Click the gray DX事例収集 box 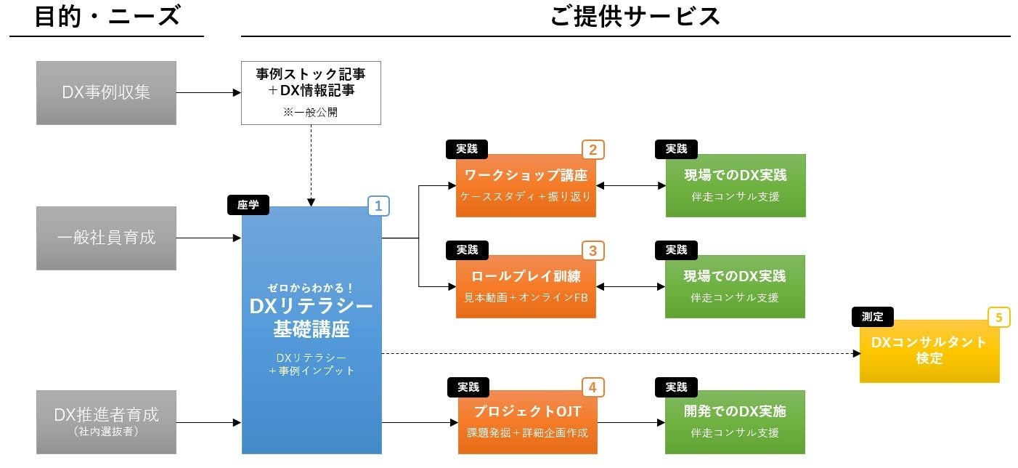106,93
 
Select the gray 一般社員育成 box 106,238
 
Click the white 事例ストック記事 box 311,92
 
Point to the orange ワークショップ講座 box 526,185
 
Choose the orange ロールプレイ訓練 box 526,286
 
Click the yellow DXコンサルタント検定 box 929,350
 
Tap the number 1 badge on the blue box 378,206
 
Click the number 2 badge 593,150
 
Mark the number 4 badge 593,387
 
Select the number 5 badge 999,318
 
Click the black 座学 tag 248,206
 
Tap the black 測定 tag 873,317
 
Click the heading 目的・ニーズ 107,16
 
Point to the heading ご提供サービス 635,16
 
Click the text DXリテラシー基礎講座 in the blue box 311,318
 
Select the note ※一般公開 311,113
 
